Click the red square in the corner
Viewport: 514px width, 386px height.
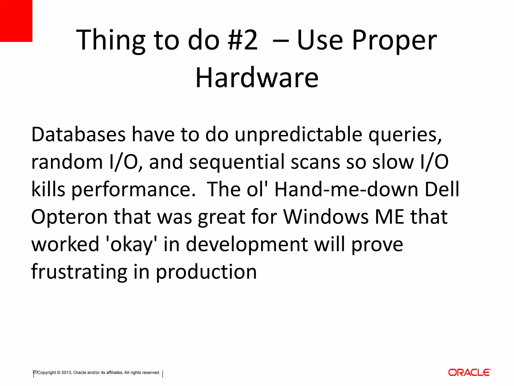[x=16, y=21]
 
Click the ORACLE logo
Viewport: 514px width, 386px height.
[x=470, y=372]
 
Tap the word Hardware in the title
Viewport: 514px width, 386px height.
[x=257, y=78]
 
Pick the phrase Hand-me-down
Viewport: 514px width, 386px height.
[x=346, y=189]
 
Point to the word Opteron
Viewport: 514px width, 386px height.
[x=69, y=217]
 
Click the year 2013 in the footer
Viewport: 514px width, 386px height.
[x=66, y=373]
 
